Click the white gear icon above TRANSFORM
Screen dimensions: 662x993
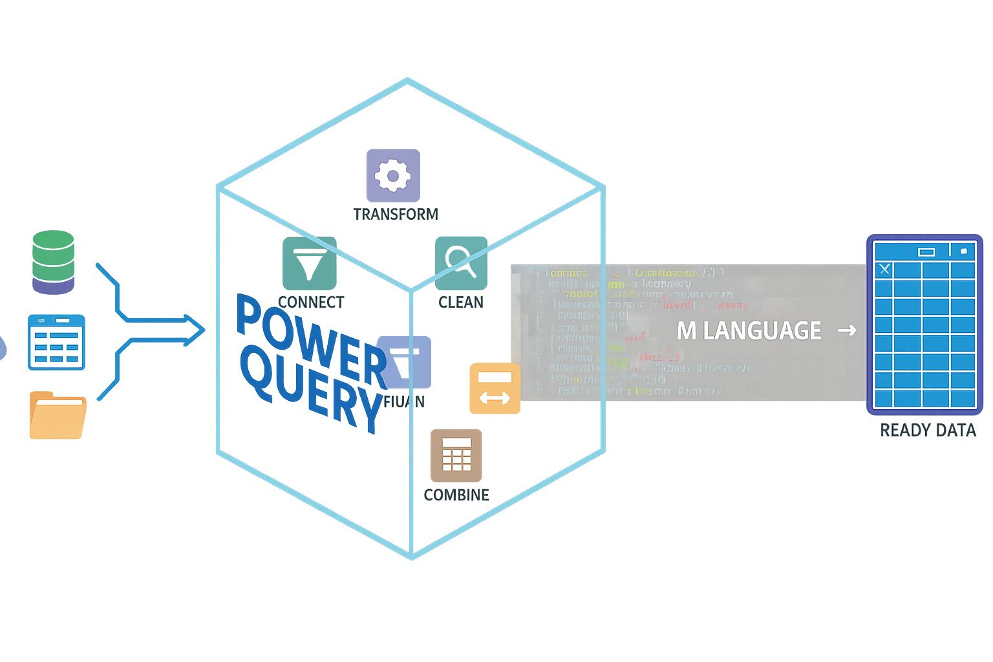tap(393, 175)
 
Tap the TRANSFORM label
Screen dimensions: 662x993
tap(396, 214)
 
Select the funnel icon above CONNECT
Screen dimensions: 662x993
tap(310, 264)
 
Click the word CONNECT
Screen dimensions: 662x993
tap(311, 302)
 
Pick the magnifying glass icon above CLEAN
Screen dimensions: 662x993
tap(461, 263)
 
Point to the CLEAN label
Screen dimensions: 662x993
tap(461, 302)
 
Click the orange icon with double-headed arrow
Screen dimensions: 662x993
tap(495, 388)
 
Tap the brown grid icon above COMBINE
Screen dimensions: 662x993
tap(456, 455)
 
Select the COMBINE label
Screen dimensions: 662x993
tap(456, 495)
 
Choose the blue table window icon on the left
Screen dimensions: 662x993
tap(56, 342)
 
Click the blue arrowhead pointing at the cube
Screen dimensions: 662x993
tap(194, 330)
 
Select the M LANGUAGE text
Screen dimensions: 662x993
tap(749, 331)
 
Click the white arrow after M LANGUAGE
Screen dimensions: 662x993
tap(847, 330)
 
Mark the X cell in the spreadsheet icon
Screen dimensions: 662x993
tap(884, 269)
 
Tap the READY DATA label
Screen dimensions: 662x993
tap(928, 430)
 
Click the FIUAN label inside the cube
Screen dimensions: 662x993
tap(404, 401)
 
